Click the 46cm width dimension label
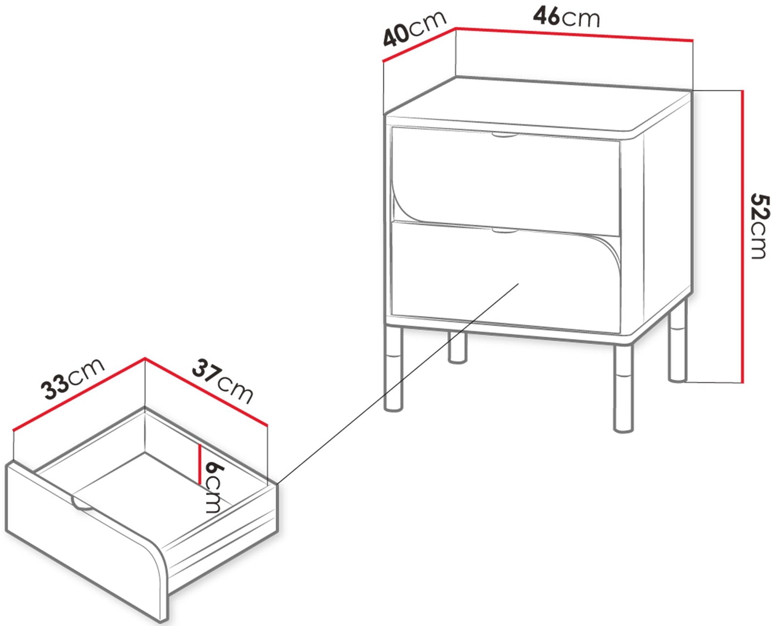click(x=566, y=17)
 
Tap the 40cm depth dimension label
click(x=415, y=29)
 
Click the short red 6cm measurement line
click(x=199, y=464)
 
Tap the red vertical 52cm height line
click(x=743, y=236)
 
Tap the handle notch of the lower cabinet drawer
click(x=505, y=230)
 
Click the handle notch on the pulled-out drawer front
click(x=83, y=504)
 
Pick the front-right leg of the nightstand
click(x=624, y=389)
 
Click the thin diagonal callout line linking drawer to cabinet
click(x=398, y=384)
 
